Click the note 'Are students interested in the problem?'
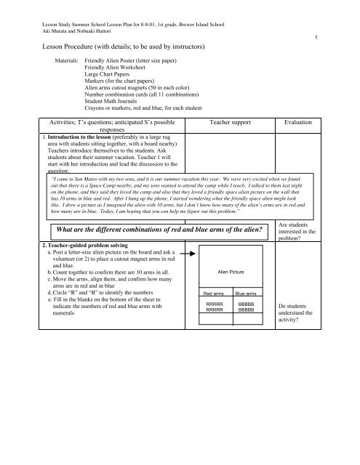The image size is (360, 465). pos(296,235)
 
